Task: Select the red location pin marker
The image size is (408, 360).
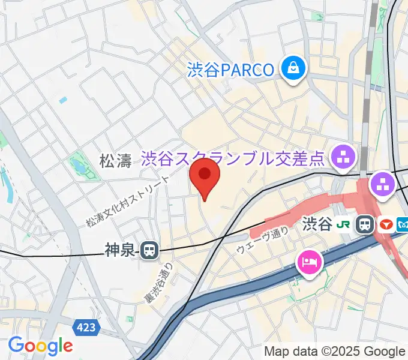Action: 205,176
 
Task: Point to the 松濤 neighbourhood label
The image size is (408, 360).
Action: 115,160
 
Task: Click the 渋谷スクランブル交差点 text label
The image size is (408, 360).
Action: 233,159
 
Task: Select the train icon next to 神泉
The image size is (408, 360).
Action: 149,250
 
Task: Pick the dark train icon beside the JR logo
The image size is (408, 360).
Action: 364,224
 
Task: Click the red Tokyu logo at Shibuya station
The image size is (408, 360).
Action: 385,224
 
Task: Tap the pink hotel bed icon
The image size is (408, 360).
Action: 310,262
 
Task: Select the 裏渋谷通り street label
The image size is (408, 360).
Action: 158,283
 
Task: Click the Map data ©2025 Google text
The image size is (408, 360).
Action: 335,351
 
